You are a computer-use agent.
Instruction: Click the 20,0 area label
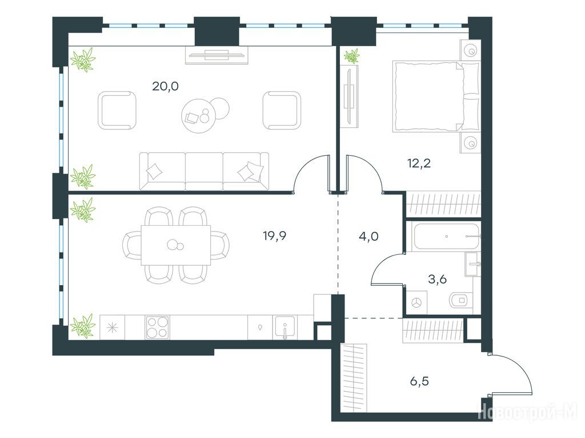tap(165, 87)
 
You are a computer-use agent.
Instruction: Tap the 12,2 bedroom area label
tap(419, 163)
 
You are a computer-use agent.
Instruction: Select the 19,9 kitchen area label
tap(275, 236)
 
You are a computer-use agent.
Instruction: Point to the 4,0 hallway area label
tap(368, 236)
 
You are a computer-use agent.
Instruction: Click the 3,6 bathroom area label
tap(437, 279)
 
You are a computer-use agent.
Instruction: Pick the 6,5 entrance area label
tap(419, 382)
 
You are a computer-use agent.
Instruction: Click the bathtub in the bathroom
tap(446, 236)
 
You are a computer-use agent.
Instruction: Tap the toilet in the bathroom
tap(461, 300)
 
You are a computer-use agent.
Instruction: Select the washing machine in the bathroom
tap(416, 303)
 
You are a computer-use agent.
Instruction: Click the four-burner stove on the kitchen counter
tap(157, 327)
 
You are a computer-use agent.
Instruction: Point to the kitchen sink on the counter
tap(285, 327)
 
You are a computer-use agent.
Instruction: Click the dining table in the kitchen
tap(176, 245)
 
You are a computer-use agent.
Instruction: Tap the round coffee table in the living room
tap(200, 115)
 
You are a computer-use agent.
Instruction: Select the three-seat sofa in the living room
tap(204, 171)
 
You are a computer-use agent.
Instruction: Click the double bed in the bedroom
tap(436, 97)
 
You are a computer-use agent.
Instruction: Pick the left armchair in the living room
tap(117, 110)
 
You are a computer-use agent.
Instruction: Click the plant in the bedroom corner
tap(351, 56)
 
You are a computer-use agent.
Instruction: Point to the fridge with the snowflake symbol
tap(112, 327)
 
